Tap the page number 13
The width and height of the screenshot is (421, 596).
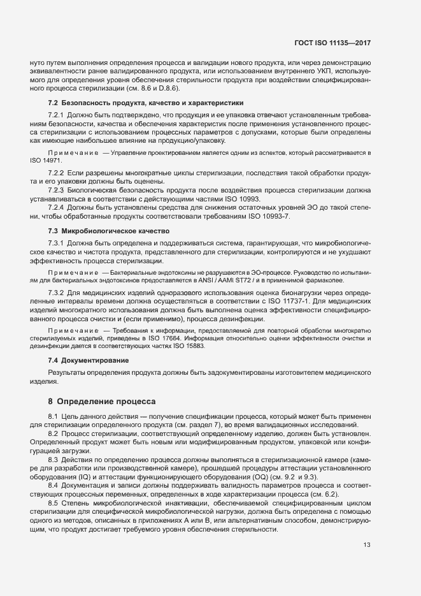pyautogui.click(x=367, y=545)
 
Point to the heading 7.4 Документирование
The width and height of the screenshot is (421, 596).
pyautogui.click(x=89, y=360)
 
